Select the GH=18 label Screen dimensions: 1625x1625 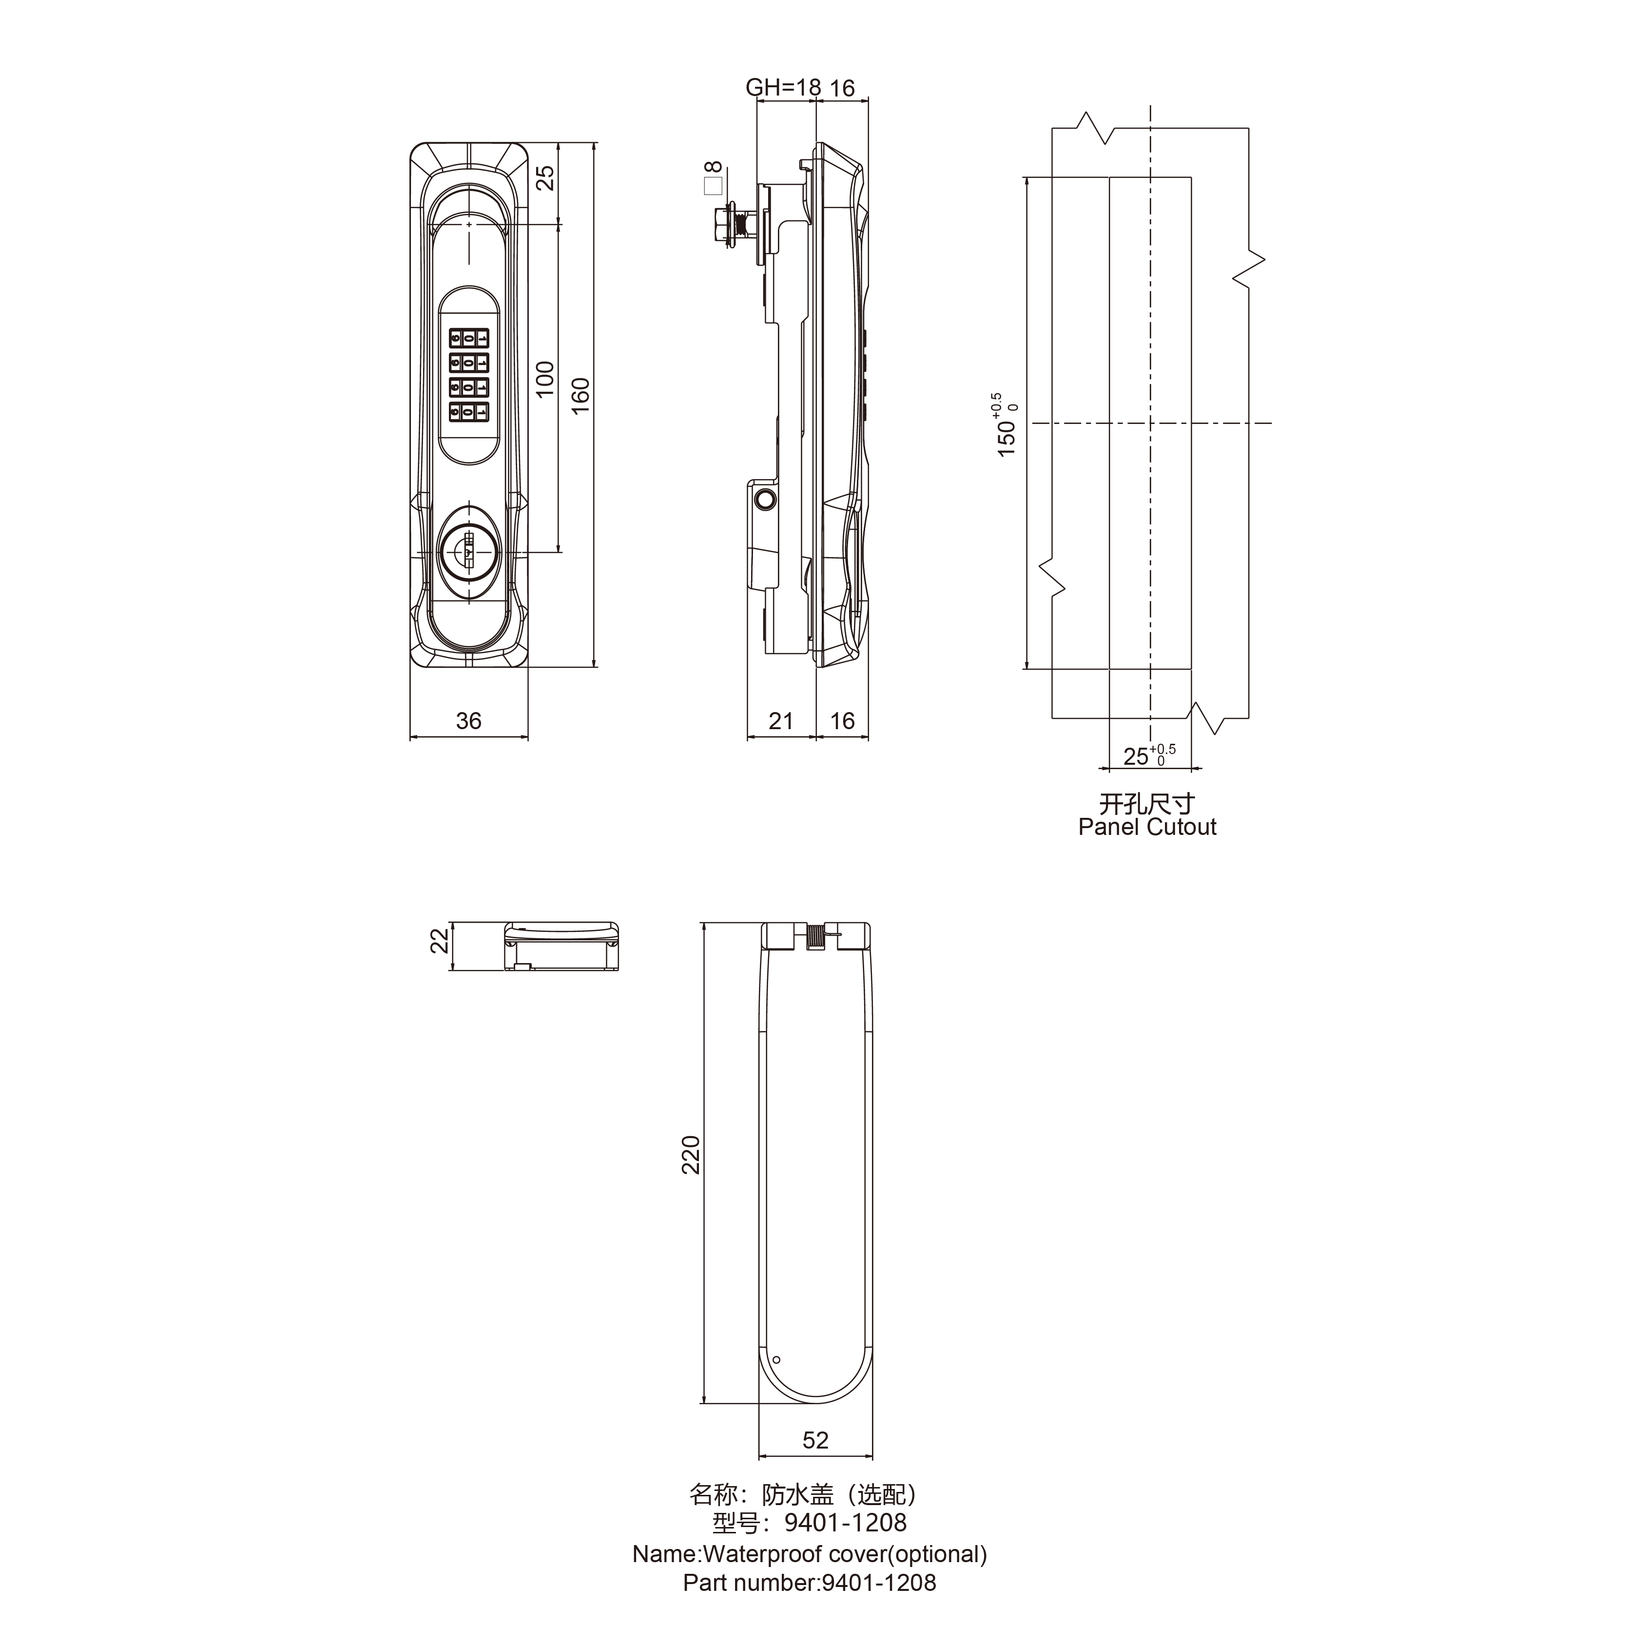click(782, 87)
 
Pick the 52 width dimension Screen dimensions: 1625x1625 click(815, 1440)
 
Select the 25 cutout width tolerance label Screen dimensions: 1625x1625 click(1148, 755)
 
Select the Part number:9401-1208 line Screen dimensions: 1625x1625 click(809, 1583)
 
